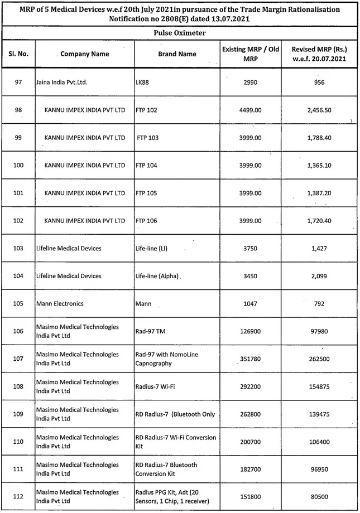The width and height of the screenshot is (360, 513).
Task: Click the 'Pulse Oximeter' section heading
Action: tap(180, 33)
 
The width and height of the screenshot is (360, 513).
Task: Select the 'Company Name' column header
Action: tap(85, 54)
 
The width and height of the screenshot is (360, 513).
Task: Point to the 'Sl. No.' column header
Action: tap(18, 54)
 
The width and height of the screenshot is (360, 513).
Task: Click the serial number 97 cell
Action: tap(18, 83)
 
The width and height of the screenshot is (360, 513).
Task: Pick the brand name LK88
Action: tap(143, 83)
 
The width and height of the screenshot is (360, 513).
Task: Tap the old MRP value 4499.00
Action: tap(251, 110)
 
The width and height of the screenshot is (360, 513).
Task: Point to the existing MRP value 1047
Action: tap(251, 304)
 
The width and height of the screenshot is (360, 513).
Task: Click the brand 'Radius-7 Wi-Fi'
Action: tap(156, 387)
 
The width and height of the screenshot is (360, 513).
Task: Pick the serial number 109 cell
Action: tap(18, 414)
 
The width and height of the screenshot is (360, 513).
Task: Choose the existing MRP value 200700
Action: tap(251, 442)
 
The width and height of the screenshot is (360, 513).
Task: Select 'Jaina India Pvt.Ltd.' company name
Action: tap(63, 83)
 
